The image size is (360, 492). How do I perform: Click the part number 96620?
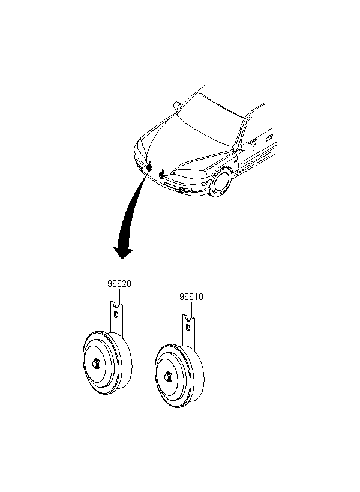[x=119, y=284]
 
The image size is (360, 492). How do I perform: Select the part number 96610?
[x=191, y=296]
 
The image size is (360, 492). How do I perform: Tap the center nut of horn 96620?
[x=96, y=364]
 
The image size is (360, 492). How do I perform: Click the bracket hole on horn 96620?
[x=116, y=314]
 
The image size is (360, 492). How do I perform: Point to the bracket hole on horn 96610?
[x=188, y=327]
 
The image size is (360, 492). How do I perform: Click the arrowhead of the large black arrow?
[x=123, y=253]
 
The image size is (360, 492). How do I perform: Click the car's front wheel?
[x=222, y=182]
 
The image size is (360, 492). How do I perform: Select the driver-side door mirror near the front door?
[x=247, y=147]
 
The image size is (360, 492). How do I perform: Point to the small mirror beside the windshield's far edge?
[x=178, y=106]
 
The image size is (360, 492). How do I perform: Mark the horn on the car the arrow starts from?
[x=149, y=167]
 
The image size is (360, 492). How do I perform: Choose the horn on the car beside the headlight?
[x=162, y=174]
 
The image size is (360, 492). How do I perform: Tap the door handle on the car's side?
[x=269, y=137]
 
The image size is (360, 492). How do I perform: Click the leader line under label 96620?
[x=119, y=296]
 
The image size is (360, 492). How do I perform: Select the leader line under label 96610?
[x=192, y=309]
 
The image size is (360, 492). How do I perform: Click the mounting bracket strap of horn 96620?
[x=116, y=317]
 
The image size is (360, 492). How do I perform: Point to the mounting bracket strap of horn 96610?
[x=188, y=332]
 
